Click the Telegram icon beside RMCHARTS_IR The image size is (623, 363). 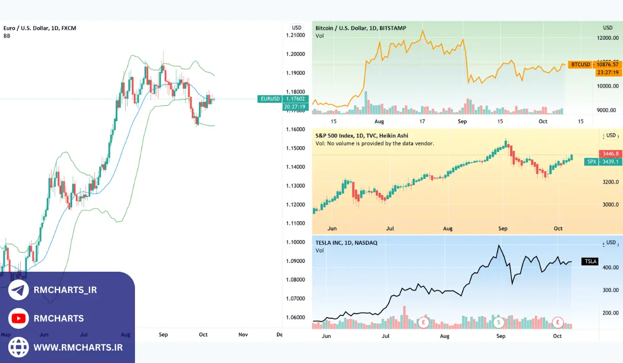(x=19, y=290)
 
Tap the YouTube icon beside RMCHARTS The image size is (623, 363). (x=19, y=318)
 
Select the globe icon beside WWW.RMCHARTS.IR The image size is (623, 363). (x=19, y=346)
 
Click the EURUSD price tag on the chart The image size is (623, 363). (x=270, y=99)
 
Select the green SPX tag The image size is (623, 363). (x=591, y=162)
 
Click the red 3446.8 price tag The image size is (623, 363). (x=610, y=154)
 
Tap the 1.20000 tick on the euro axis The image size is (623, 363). (x=295, y=54)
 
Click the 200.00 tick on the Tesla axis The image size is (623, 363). (x=610, y=313)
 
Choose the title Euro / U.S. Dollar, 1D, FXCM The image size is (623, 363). (x=40, y=28)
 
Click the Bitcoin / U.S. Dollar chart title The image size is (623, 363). (x=361, y=28)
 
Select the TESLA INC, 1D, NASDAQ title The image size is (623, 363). (x=346, y=242)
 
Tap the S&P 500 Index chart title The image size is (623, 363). (x=362, y=135)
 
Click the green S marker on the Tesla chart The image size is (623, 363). (x=499, y=322)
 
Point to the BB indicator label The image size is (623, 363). (x=7, y=36)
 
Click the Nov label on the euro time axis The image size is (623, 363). (x=243, y=334)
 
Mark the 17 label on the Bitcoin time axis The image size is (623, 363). (x=423, y=121)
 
